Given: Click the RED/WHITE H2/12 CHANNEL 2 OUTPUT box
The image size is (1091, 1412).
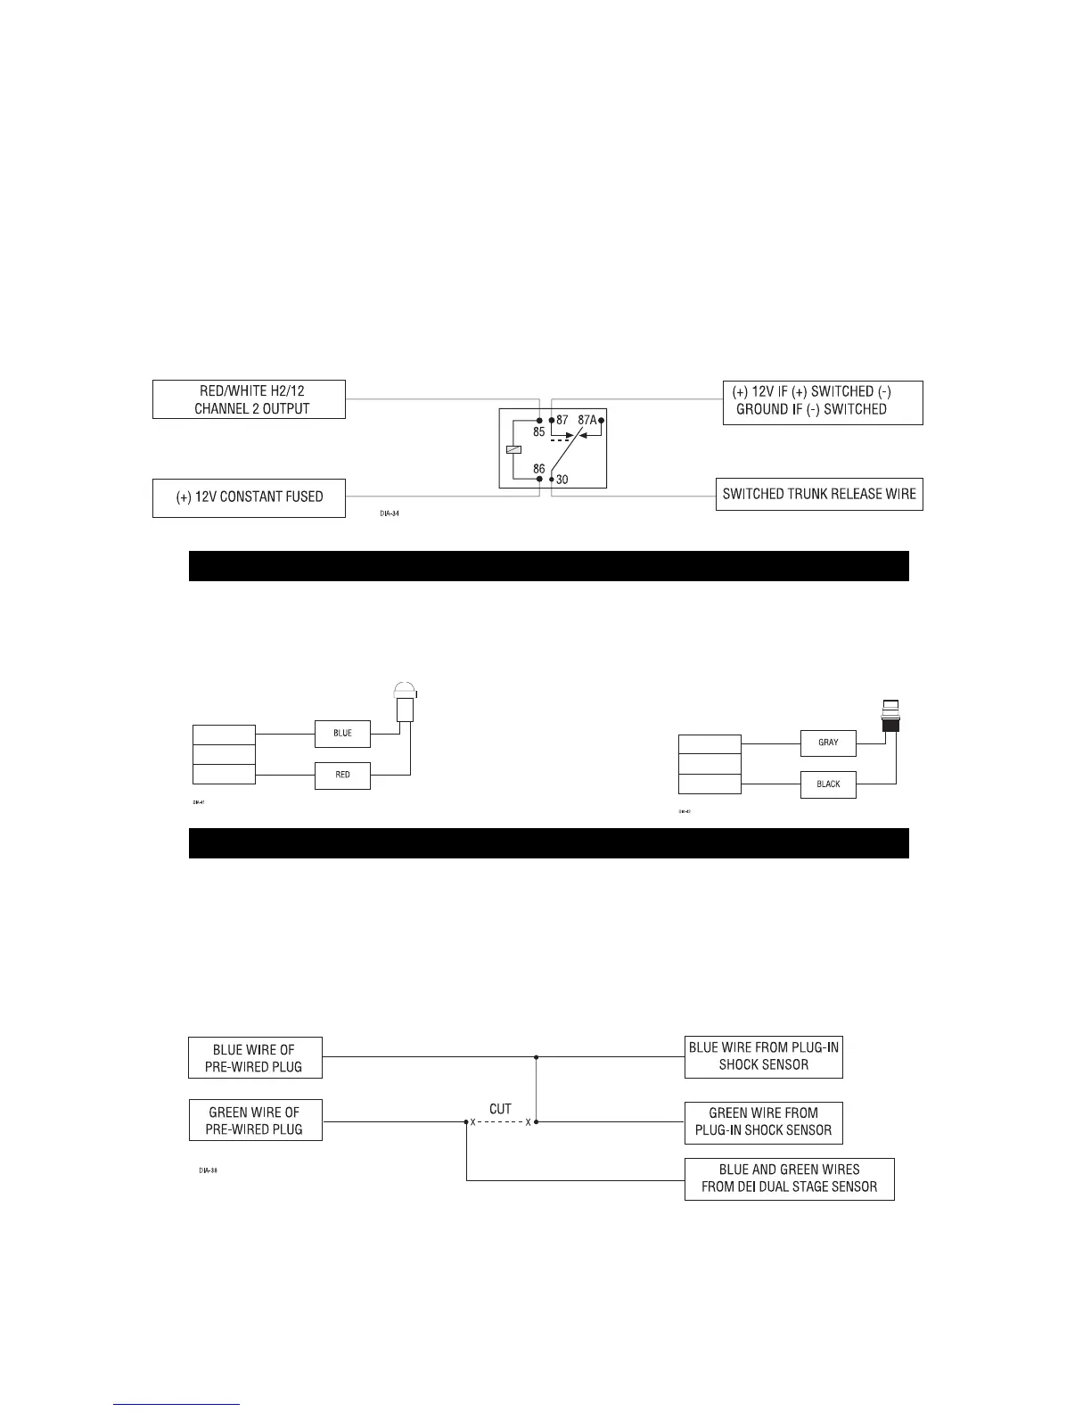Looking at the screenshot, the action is [x=249, y=399].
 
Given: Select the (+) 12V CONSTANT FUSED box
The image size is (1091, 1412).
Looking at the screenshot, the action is [x=249, y=497].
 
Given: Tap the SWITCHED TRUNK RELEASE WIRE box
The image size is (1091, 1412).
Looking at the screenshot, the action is [x=819, y=494].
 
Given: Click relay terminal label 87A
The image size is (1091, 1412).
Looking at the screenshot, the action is [x=586, y=419].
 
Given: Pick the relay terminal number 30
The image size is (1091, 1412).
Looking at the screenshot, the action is [x=562, y=480].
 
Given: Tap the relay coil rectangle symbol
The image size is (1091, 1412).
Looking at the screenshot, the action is [x=513, y=449].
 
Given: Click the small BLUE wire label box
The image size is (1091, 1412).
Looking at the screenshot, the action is [x=342, y=734].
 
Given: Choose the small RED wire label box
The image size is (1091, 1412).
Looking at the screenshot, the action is [x=342, y=776].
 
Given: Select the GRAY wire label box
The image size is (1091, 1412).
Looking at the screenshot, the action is [x=828, y=743].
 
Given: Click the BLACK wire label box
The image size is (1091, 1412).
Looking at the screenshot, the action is [x=828, y=784].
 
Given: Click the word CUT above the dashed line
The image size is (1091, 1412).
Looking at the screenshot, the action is [x=500, y=1109].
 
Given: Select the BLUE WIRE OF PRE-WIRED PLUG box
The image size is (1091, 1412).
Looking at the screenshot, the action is [x=255, y=1057].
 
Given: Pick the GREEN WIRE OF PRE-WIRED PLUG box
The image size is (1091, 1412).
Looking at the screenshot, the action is [x=255, y=1121].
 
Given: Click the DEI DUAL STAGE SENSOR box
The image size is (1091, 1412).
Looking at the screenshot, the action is [x=789, y=1178].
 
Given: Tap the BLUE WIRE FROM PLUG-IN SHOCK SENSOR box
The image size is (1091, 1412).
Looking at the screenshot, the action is [x=763, y=1056].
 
